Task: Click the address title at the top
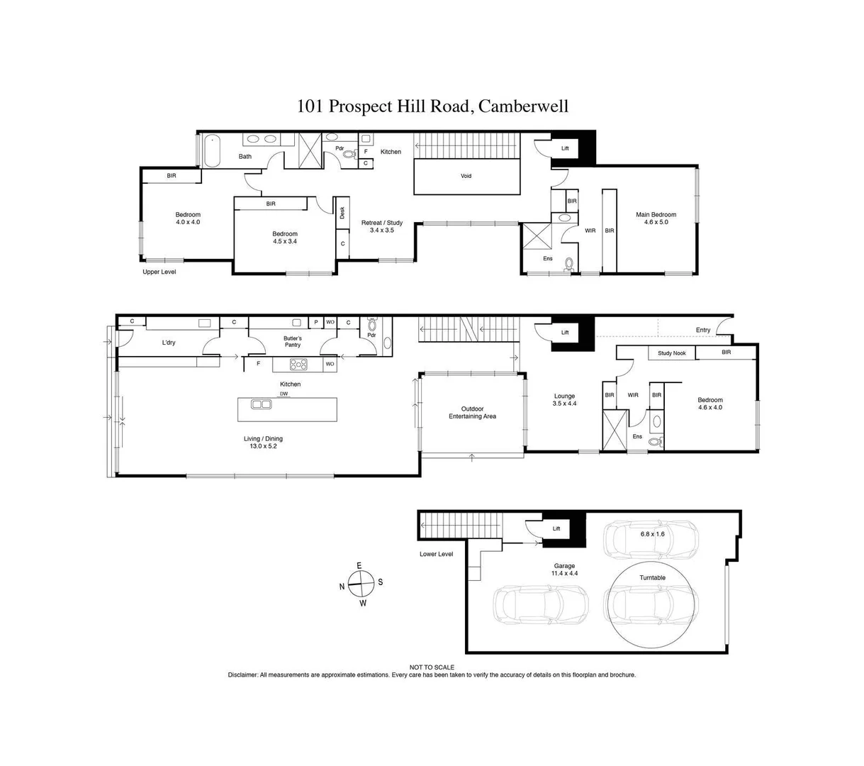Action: tap(432, 106)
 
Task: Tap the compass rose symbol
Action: tap(361, 583)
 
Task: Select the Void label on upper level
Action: tap(466, 176)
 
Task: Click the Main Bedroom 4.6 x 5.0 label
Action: tap(656, 218)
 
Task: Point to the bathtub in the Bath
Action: tap(212, 152)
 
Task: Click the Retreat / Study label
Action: tap(382, 226)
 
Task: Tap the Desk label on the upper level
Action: tap(342, 212)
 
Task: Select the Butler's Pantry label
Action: tap(293, 342)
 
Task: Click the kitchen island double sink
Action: tap(262, 405)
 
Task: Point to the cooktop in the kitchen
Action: tap(298, 365)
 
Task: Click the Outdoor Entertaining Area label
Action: tap(472, 413)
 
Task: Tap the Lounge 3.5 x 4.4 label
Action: tap(564, 400)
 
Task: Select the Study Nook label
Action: tap(671, 353)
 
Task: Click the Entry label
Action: tap(702, 330)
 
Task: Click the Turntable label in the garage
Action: tap(652, 578)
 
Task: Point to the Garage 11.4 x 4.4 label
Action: tap(564, 570)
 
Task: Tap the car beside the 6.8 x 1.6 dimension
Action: tap(650, 540)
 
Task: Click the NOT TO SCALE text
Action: tap(432, 667)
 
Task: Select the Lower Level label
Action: tap(436, 554)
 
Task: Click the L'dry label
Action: tap(168, 343)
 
